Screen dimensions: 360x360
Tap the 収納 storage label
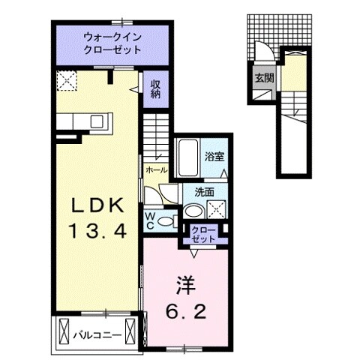155,89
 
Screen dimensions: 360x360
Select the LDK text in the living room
95,204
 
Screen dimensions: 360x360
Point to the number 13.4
96,231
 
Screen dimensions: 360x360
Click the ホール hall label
157,171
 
